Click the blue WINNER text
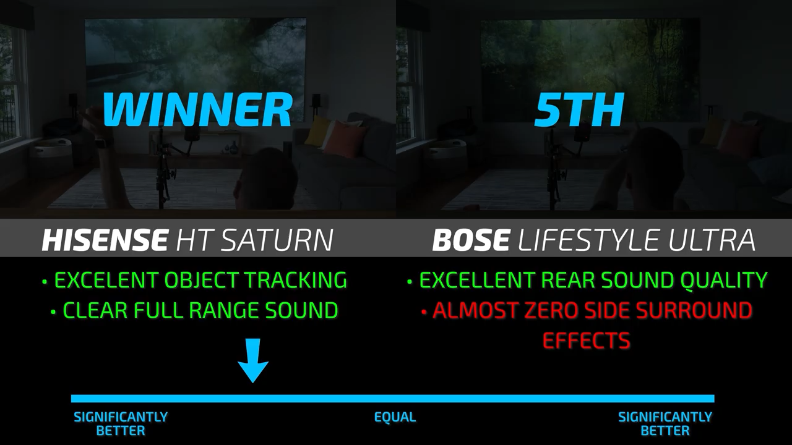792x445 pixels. pyautogui.click(x=197, y=109)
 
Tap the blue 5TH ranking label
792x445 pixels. pyautogui.click(x=579, y=110)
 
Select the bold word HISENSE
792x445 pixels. pyautogui.click(x=105, y=240)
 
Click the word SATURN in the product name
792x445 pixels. pyautogui.click(x=278, y=240)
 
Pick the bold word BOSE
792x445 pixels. pyautogui.click(x=471, y=240)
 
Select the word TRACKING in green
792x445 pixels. pyautogui.click(x=296, y=280)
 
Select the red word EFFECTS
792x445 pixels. pyautogui.click(x=586, y=340)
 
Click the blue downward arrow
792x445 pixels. pyautogui.click(x=253, y=360)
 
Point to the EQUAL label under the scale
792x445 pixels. pyautogui.click(x=395, y=417)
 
